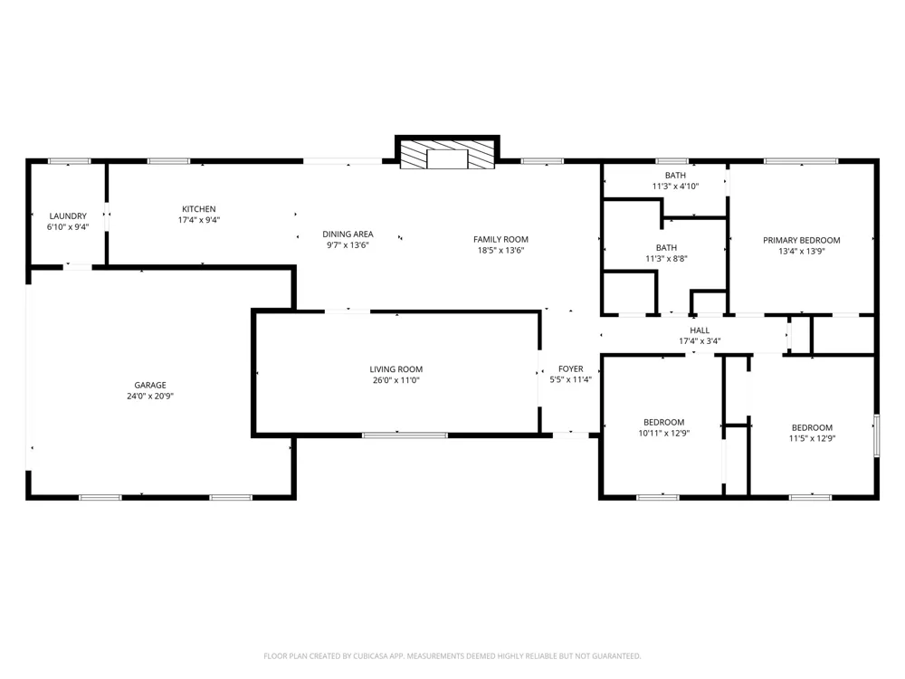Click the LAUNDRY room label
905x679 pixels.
68,216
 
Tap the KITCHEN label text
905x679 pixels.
199,209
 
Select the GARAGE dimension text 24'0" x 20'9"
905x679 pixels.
150,397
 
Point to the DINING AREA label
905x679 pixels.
348,234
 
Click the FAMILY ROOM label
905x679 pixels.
500,239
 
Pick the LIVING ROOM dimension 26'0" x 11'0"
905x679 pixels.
396,380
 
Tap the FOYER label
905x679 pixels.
571,368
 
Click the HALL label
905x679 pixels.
700,330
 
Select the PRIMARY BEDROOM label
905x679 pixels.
802,240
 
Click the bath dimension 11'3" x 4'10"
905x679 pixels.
675,186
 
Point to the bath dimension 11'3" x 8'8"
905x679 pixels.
666,259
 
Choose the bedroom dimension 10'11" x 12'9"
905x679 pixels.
663,433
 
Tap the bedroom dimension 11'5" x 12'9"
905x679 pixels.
812,438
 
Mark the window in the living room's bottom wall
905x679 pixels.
405,435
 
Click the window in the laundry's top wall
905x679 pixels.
70,161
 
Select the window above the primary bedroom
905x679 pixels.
801,161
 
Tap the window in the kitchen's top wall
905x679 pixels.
168,161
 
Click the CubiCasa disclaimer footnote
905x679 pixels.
452,655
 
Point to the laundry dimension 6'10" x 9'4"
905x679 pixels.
68,227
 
